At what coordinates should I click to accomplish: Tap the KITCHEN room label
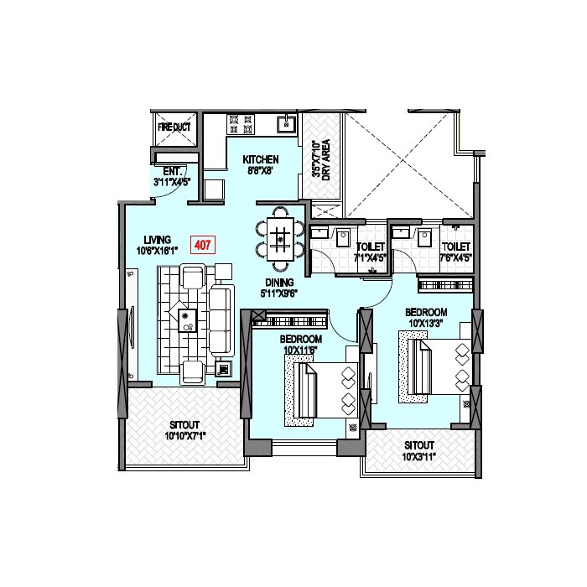click(261, 160)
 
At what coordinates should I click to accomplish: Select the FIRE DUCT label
click(174, 127)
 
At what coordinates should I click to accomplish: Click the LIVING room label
click(157, 239)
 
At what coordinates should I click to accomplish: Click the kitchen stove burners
click(242, 127)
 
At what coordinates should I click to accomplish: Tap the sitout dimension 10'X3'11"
click(419, 456)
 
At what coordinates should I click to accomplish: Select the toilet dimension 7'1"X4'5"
click(369, 257)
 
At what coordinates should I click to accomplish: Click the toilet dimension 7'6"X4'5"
click(455, 257)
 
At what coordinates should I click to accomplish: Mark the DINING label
click(278, 283)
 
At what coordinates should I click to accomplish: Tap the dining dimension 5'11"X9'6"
click(278, 293)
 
